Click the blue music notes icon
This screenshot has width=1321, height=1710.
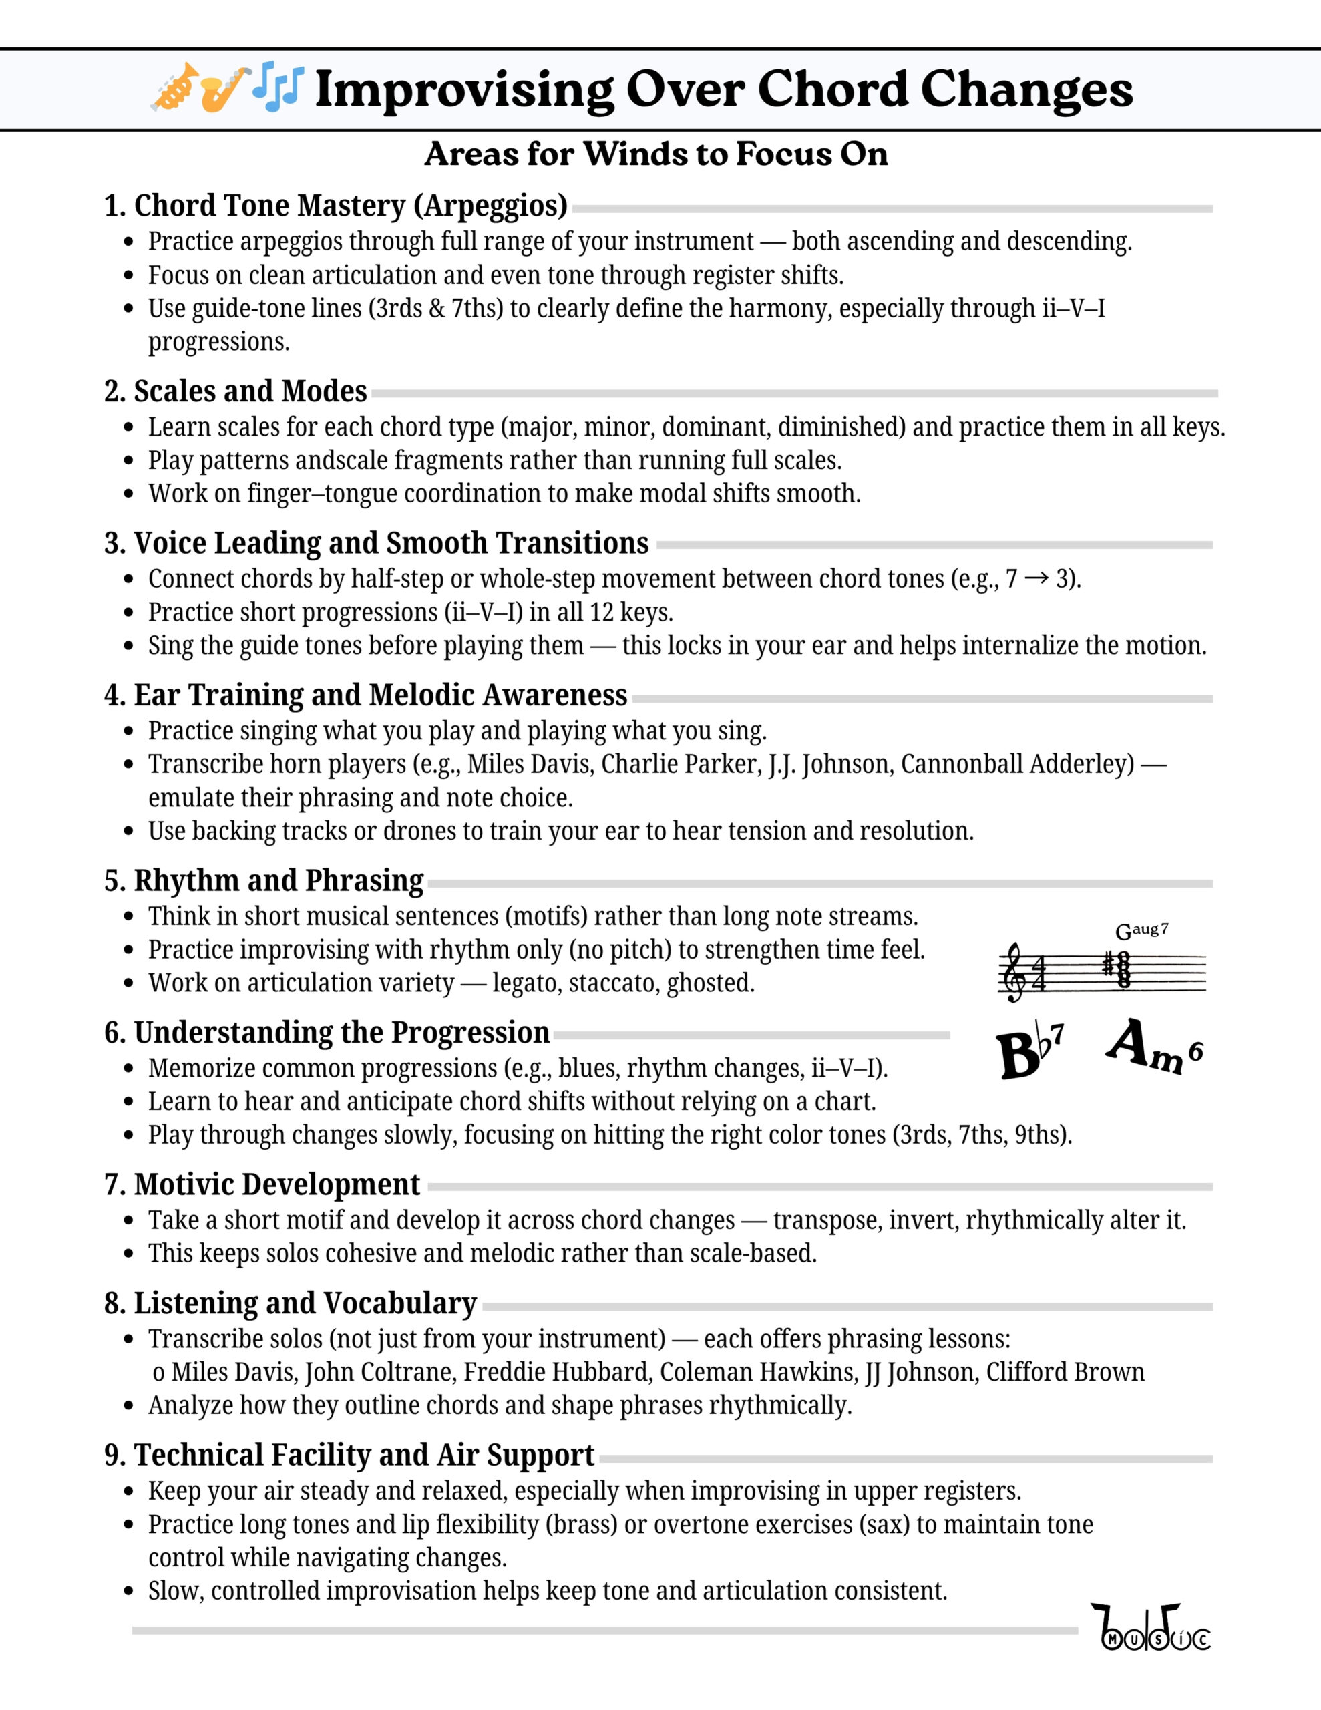click(277, 86)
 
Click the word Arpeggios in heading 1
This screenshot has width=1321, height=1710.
click(490, 206)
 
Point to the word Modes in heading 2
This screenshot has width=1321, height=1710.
click(323, 391)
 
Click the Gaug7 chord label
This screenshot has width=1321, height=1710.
click(1141, 931)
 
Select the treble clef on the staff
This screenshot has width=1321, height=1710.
click(1016, 972)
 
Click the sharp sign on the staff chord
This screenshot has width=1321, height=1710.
click(1108, 965)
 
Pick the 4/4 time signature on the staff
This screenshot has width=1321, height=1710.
click(1039, 973)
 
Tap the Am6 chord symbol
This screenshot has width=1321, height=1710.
click(1153, 1047)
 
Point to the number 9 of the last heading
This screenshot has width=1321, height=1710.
click(113, 1455)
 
